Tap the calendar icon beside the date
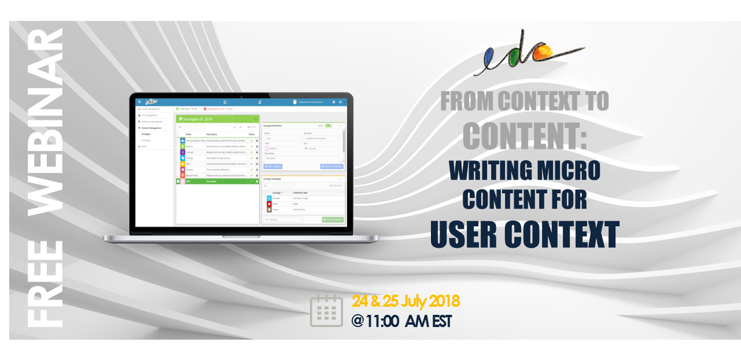(x=326, y=311)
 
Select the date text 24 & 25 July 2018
(x=406, y=302)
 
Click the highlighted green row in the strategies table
(x=216, y=182)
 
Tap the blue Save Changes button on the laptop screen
(x=272, y=166)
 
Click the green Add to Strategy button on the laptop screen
(x=332, y=220)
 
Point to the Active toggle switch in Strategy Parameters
(x=329, y=125)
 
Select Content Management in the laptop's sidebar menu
(x=152, y=127)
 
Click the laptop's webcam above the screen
(x=241, y=96)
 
